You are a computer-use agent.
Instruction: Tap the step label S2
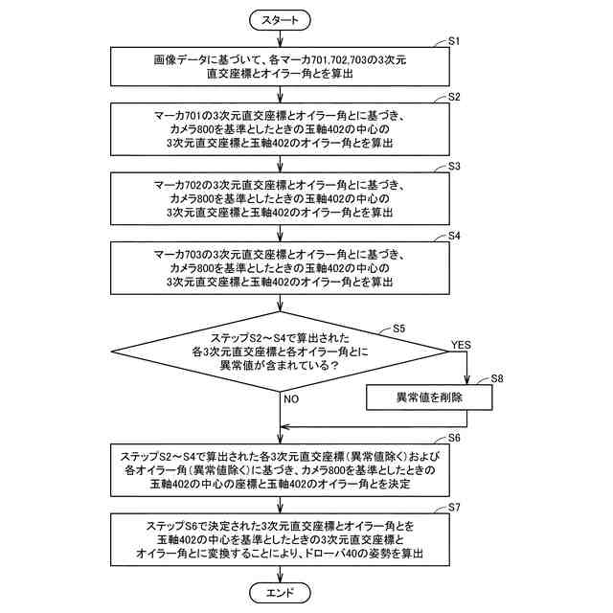point(455,98)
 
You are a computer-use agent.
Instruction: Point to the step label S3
point(455,167)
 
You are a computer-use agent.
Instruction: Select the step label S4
point(455,236)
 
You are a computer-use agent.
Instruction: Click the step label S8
point(497,379)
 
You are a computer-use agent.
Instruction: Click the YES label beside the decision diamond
point(461,345)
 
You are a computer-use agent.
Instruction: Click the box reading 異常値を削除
point(429,397)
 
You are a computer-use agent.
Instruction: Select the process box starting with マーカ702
point(279,196)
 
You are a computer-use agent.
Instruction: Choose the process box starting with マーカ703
point(279,265)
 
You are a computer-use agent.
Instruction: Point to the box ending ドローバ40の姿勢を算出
point(279,538)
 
